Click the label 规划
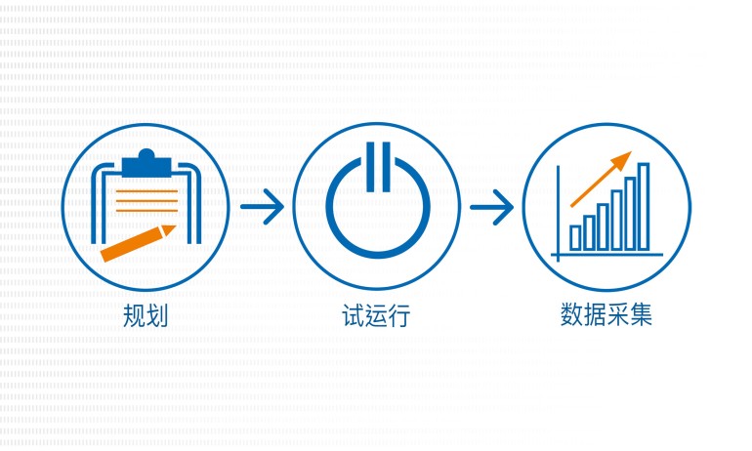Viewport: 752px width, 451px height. [x=146, y=316]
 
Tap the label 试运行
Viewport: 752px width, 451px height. [x=376, y=316]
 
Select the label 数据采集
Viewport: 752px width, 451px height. [x=606, y=315]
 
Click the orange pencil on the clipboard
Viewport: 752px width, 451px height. [x=138, y=243]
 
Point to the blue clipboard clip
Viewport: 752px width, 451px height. [x=146, y=163]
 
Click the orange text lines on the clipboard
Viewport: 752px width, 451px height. [x=146, y=200]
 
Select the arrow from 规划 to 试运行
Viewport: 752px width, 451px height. [x=262, y=207]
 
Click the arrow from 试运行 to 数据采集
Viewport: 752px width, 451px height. [x=491, y=207]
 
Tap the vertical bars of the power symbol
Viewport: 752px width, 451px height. [x=378, y=167]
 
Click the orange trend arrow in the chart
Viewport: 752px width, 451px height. [x=601, y=180]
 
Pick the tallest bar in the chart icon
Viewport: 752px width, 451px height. [x=644, y=207]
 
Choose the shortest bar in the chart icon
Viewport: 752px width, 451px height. [x=575, y=238]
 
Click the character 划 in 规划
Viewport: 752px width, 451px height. [x=157, y=316]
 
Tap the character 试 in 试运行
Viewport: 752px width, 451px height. [x=353, y=316]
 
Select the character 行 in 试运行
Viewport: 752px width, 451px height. [x=399, y=316]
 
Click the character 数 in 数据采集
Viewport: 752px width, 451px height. [x=571, y=315]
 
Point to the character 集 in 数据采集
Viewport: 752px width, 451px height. [x=642, y=315]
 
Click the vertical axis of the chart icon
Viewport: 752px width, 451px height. [x=558, y=213]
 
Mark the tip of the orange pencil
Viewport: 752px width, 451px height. [x=176, y=225]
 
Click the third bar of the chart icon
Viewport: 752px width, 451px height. [x=603, y=226]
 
